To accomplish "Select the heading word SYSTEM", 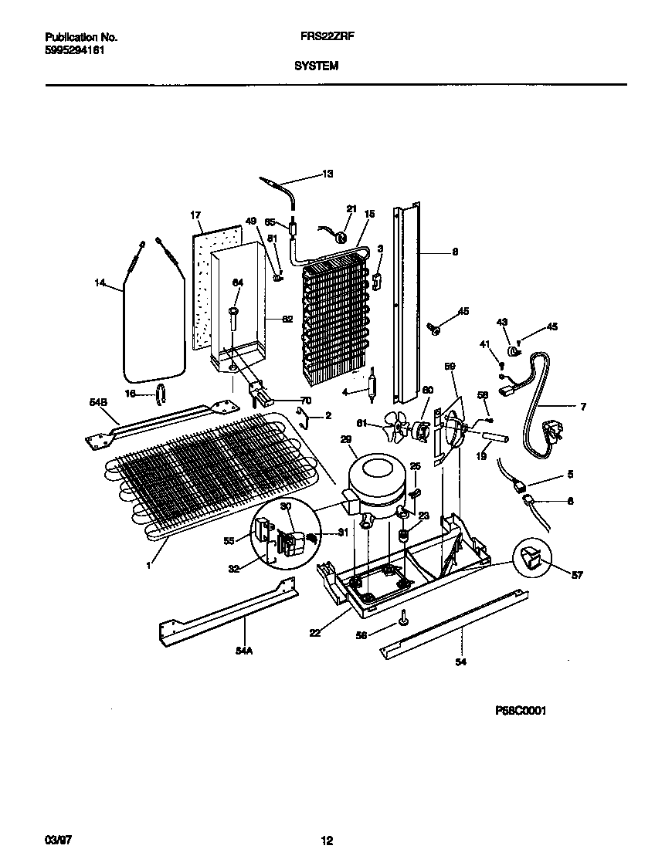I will tap(316, 66).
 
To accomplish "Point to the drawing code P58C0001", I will tap(521, 711).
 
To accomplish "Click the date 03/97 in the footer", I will tap(53, 838).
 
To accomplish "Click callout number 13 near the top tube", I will tap(327, 174).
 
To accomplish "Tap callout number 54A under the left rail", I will tap(244, 651).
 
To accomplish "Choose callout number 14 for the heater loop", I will tap(100, 284).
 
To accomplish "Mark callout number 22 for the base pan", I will tap(316, 633).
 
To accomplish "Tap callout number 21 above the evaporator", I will tap(351, 209).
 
